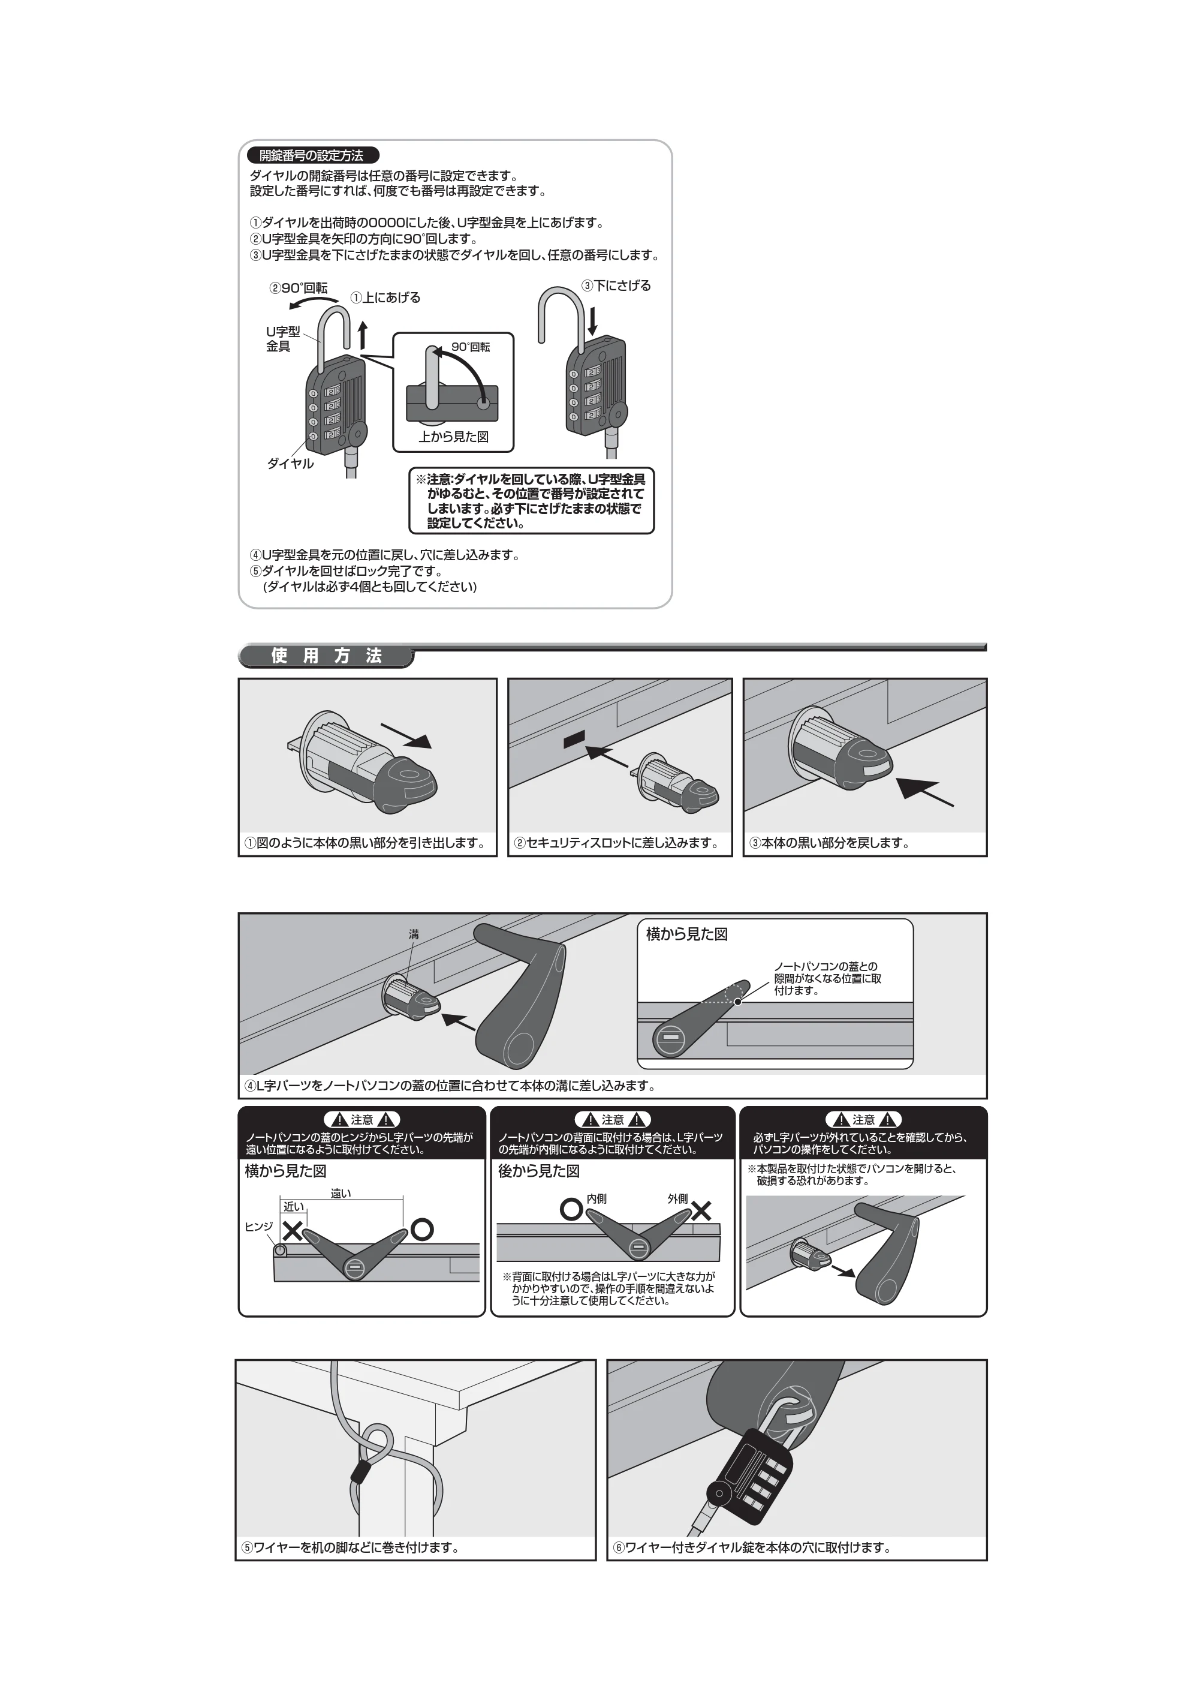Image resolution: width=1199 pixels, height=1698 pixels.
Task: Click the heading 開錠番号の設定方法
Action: [311, 155]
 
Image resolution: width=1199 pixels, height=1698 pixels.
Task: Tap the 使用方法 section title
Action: [326, 655]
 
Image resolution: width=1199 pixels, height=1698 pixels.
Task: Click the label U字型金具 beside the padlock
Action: [283, 339]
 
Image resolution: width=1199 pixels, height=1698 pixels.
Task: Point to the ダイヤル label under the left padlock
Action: [291, 464]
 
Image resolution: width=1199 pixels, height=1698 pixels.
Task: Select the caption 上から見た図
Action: [453, 436]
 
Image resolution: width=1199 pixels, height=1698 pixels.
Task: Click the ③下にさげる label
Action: [616, 285]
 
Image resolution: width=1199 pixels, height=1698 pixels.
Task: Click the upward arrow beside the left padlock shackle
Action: [363, 335]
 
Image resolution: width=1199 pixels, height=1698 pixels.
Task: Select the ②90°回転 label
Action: [298, 288]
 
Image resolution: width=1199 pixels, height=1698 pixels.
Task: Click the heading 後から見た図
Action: [538, 1171]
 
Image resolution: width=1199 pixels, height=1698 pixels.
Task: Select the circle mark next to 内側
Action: [571, 1210]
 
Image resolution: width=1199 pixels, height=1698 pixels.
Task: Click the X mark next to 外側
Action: [701, 1210]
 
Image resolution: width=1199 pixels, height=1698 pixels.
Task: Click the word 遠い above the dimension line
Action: [341, 1193]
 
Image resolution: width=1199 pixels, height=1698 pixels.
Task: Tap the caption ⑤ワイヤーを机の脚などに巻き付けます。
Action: [350, 1547]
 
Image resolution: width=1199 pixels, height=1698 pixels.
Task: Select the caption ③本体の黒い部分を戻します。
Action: [829, 842]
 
